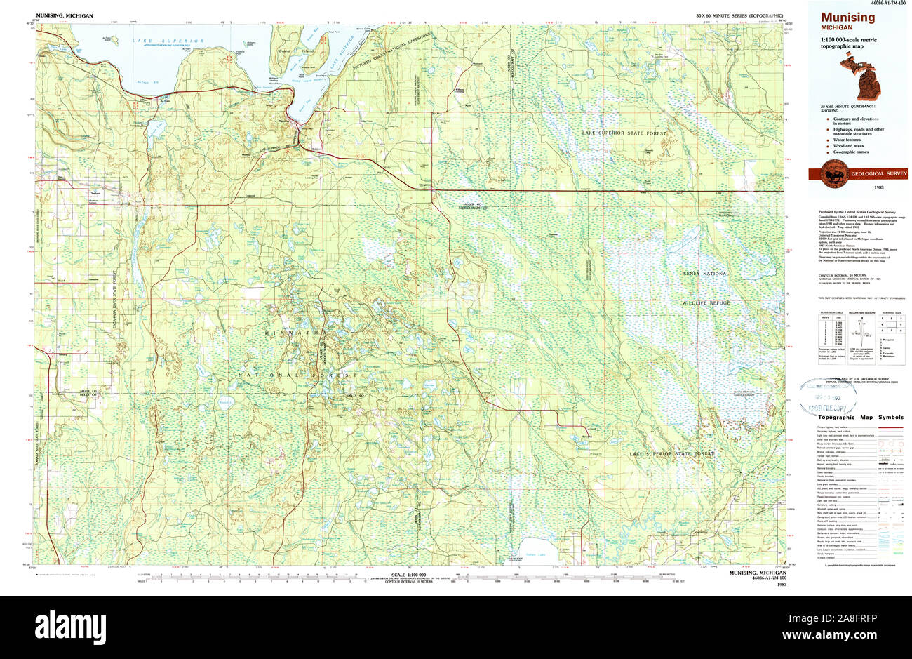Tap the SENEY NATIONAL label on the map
coord(706,274)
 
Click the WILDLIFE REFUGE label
coord(706,302)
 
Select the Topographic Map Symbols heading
coord(860,417)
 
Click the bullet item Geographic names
coord(851,152)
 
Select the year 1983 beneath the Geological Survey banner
coord(878,188)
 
